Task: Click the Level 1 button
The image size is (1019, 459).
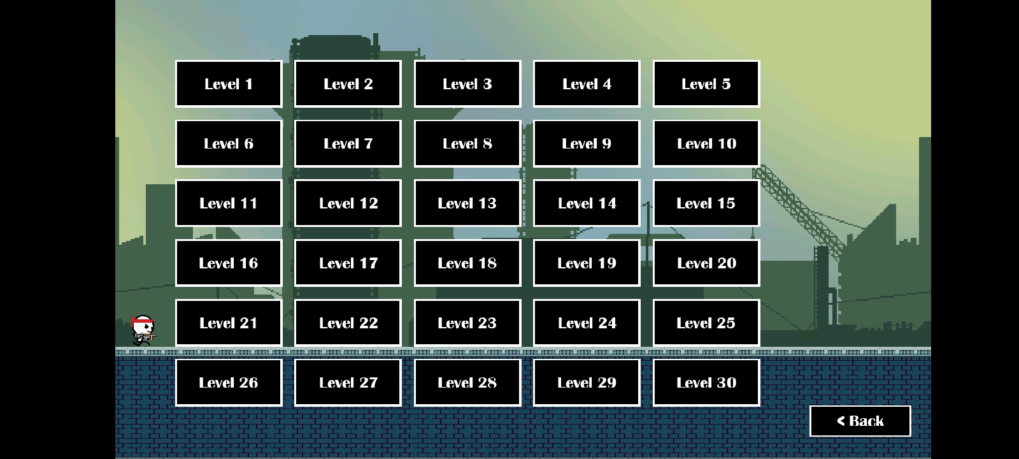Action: click(x=229, y=84)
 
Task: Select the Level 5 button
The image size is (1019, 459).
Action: click(x=706, y=84)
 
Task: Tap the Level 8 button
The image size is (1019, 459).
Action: click(x=467, y=143)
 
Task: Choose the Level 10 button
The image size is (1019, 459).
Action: click(x=706, y=143)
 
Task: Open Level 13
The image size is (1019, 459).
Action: click(x=467, y=203)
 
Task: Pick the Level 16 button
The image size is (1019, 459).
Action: click(x=229, y=263)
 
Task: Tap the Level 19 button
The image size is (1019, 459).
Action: click(x=587, y=263)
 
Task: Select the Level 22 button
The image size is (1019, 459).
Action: click(x=348, y=323)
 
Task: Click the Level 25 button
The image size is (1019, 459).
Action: click(x=706, y=323)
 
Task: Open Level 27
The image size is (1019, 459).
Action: click(x=348, y=382)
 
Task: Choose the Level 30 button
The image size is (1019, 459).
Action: click(x=706, y=382)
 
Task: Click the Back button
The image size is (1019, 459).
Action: click(x=860, y=421)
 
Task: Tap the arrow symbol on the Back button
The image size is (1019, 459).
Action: click(x=841, y=421)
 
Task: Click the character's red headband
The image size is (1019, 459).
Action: click(x=143, y=324)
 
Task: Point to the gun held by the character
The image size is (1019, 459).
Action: click(x=146, y=337)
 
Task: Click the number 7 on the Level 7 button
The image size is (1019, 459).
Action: click(x=369, y=144)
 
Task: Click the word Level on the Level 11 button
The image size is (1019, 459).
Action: click(x=217, y=203)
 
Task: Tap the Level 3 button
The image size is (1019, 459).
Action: click(x=467, y=84)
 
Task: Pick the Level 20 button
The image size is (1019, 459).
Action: click(x=706, y=263)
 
